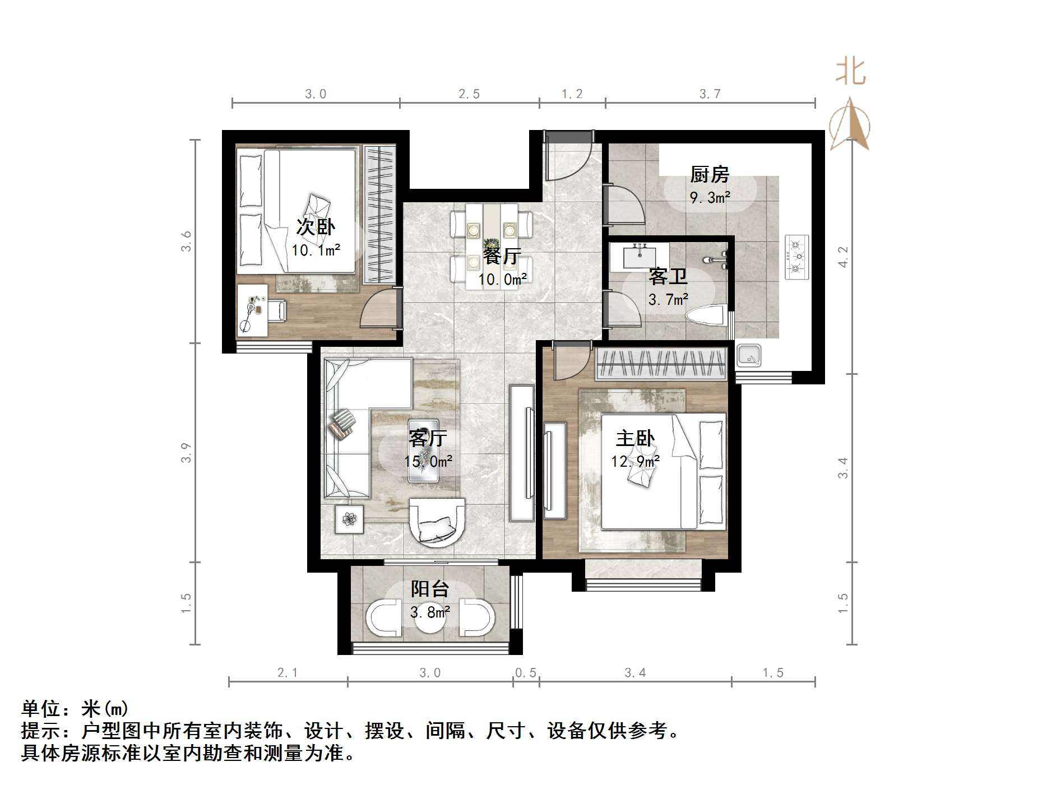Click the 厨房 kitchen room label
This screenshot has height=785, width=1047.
tap(710, 175)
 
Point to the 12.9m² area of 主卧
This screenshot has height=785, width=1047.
tap(635, 462)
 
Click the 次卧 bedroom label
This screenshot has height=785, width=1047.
tap(316, 227)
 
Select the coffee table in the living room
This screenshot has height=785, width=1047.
tap(423, 450)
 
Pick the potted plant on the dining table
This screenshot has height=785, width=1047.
tap(492, 245)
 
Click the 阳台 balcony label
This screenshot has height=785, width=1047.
tap(430, 589)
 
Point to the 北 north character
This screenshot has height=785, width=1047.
tap(850, 73)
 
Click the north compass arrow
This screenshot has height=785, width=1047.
tap(850, 124)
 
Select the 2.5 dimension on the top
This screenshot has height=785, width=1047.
tap(469, 94)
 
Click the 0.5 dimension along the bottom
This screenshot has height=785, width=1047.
tap(526, 673)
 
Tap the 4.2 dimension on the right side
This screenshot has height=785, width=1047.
tap(844, 257)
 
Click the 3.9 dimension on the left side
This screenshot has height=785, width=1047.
tap(186, 453)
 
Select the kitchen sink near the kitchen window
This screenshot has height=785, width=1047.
tap(749, 355)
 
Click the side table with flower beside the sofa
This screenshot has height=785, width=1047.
tap(350, 519)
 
